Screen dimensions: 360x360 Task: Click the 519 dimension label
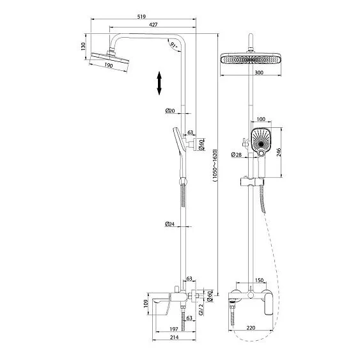point(141,17)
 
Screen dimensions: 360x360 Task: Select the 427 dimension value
point(153,24)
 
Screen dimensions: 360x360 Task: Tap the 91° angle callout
point(173,45)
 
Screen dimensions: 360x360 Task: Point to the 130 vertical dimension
point(83,46)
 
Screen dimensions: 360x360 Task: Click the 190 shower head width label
point(108,65)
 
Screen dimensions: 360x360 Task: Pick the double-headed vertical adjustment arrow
point(159,83)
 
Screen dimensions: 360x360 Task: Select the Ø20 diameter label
point(170,111)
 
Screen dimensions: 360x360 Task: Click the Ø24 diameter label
point(169,224)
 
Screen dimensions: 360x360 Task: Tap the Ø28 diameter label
point(237,155)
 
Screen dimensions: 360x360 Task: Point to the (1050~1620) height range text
point(214,166)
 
